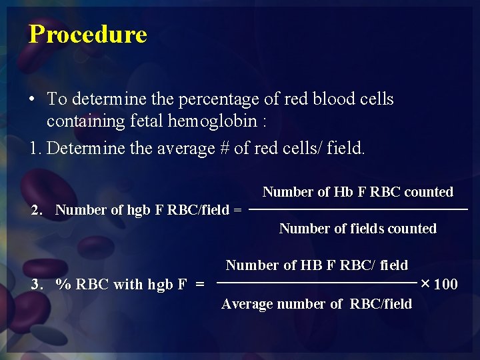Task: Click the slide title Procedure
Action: pos(87,34)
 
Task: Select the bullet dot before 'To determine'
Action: pos(32,100)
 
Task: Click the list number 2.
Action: pos(37,210)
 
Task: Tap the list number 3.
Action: pos(37,285)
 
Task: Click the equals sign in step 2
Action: pos(237,210)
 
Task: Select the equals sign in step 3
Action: pos(200,285)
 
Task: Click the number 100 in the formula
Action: pos(445,285)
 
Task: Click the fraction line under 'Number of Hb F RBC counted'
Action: pos(358,210)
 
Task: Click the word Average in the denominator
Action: pos(246,304)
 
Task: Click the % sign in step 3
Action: pos(63,285)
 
